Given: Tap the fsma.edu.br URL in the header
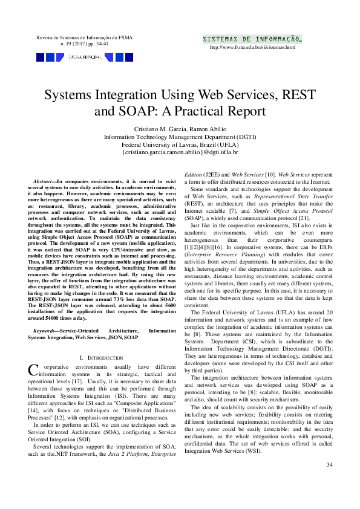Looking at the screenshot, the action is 252,47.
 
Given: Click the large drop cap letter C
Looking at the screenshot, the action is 33,369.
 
